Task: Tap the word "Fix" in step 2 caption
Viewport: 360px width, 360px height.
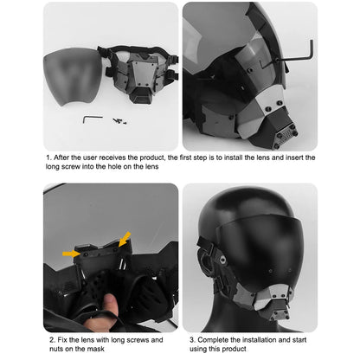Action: click(61, 342)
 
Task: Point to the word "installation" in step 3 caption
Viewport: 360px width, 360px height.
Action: click(263, 342)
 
